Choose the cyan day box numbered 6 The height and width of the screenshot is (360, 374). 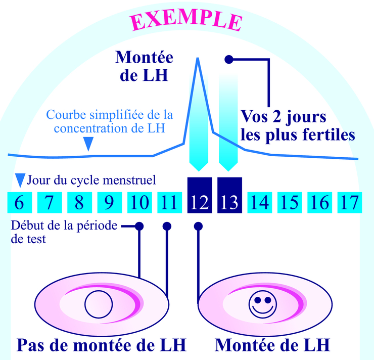(19, 202)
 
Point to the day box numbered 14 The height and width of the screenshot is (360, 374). (259, 202)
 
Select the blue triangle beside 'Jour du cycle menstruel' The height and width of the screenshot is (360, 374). (20, 180)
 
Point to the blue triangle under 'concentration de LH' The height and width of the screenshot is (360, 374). (88, 145)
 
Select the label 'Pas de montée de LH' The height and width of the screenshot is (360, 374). (101, 345)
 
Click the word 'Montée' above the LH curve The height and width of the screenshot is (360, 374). (144, 57)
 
